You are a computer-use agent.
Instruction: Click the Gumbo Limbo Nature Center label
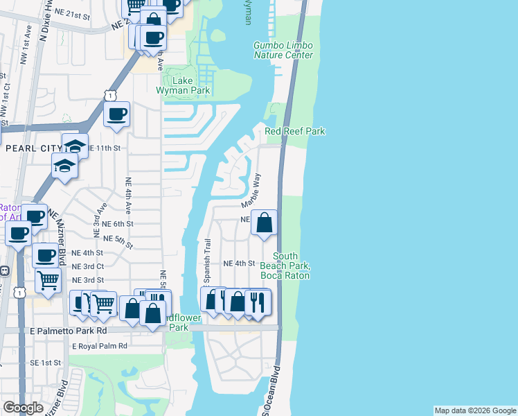(283, 51)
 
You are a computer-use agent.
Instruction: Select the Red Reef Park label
(295, 131)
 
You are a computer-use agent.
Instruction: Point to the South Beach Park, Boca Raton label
(285, 266)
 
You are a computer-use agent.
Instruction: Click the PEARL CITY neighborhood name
(33, 148)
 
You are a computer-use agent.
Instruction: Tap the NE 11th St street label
(104, 148)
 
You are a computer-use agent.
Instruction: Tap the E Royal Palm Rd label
(94, 345)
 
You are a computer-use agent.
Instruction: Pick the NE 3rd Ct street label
(88, 266)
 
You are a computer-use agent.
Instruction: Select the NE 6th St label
(117, 224)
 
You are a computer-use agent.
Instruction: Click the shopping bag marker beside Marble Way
(264, 223)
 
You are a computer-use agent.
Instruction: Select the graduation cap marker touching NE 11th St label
(75, 146)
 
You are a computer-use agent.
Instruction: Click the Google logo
(23, 408)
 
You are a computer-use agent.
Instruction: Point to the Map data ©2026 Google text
(474, 410)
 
